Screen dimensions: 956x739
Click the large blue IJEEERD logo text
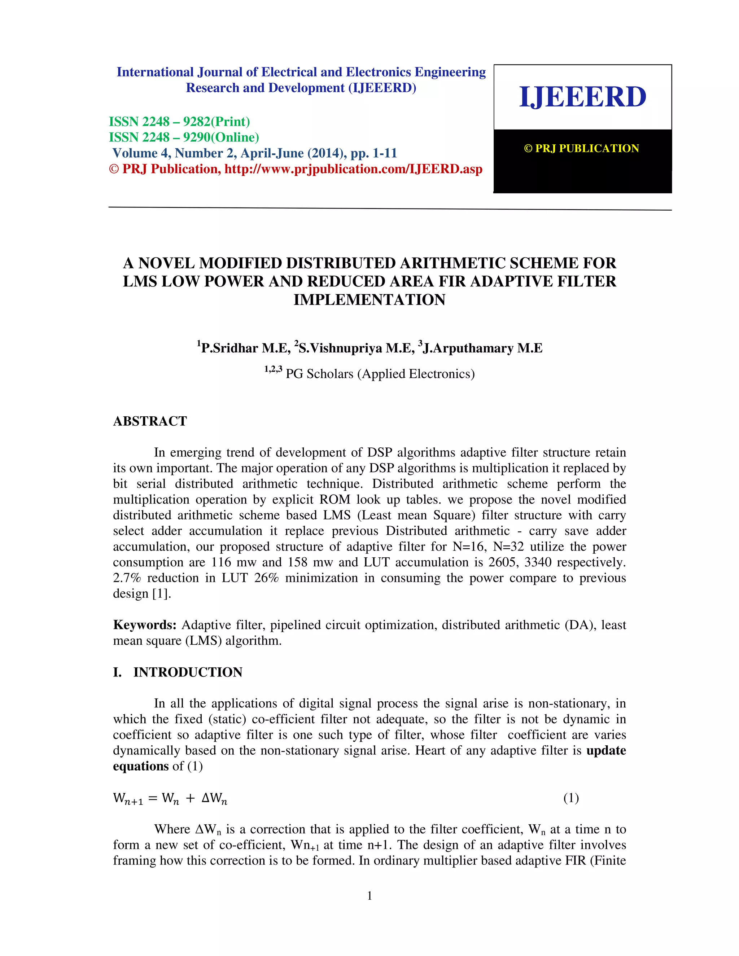(582, 97)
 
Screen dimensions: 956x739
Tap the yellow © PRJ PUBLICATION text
(581, 148)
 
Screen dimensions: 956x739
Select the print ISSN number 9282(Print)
(216, 122)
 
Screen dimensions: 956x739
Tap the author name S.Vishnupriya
(340, 348)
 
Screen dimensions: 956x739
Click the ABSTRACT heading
(150, 421)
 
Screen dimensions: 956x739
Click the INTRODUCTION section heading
(188, 672)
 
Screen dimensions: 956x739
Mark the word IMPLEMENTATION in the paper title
(369, 300)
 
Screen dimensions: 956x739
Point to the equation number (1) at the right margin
(571, 798)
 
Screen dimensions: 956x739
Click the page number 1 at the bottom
(369, 896)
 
